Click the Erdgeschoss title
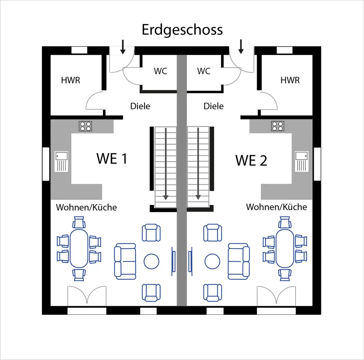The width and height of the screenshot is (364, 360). [x=182, y=30]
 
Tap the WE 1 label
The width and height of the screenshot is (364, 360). [x=112, y=159]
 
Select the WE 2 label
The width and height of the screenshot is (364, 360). [x=251, y=160]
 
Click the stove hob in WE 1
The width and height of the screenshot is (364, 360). [x=86, y=126]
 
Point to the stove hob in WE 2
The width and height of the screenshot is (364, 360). [x=277, y=126]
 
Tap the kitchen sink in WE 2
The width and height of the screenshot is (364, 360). [x=301, y=161]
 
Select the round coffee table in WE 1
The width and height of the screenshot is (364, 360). [x=151, y=261]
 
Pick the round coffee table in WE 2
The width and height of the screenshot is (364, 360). [x=212, y=261]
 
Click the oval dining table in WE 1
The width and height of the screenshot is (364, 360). [x=79, y=248]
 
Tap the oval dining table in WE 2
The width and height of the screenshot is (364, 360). [x=285, y=248]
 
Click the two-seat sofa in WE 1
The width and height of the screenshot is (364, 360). [x=125, y=261]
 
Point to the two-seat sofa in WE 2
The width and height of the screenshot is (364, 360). [x=239, y=261]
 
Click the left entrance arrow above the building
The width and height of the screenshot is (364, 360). [x=123, y=47]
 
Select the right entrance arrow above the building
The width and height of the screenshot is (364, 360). [x=241, y=47]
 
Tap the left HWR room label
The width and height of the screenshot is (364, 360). [x=71, y=80]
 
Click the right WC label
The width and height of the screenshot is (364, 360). [x=203, y=71]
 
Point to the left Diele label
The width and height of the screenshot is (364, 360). [x=140, y=106]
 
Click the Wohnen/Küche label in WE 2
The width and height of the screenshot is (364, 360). [x=276, y=207]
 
